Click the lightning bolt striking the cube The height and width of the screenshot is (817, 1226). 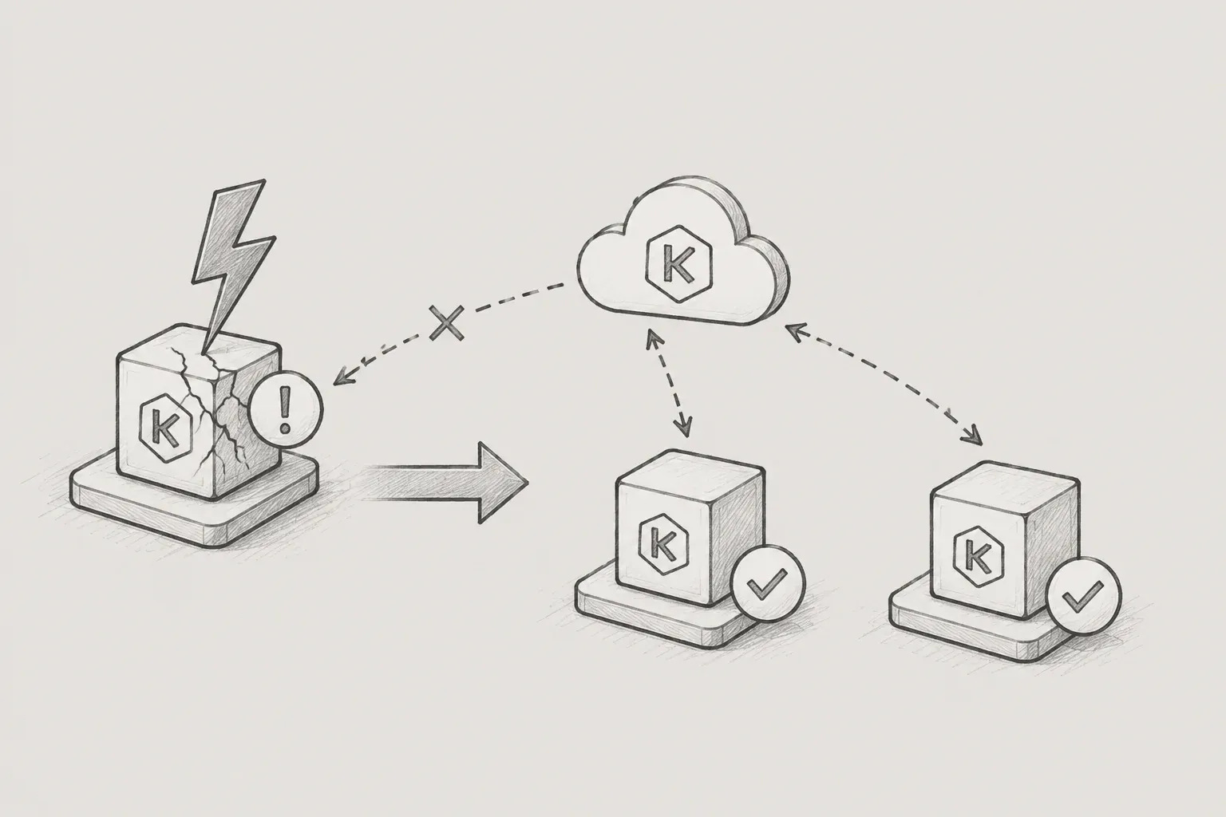coord(232,257)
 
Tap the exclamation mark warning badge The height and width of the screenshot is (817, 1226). coord(286,410)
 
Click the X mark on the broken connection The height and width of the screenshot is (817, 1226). coord(447,323)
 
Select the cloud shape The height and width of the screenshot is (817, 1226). coord(683,251)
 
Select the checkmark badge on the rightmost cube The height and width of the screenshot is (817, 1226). coord(1084,597)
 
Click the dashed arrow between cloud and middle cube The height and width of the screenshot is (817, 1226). coord(669,384)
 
